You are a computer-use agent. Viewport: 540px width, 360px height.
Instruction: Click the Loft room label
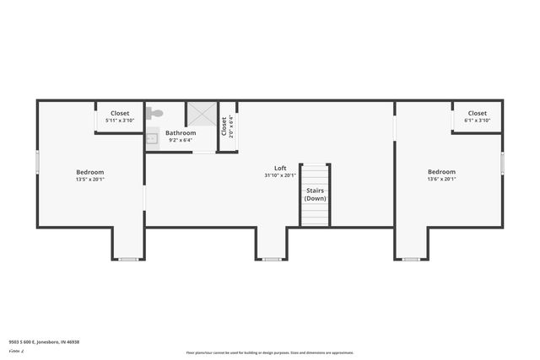(279, 168)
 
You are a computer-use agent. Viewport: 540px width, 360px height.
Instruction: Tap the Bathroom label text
(181, 133)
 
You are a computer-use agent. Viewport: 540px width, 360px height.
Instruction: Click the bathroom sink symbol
(153, 138)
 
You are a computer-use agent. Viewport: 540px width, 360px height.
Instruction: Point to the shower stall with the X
(201, 115)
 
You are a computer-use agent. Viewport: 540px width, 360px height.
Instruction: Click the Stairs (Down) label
(315, 195)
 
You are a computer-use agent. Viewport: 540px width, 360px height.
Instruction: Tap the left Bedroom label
(89, 171)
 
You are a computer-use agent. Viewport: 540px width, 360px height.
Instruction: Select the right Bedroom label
(441, 171)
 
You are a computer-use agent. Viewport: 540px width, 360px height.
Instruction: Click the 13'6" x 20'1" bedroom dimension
(441, 179)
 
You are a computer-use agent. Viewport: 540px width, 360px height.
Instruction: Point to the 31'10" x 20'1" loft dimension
(279, 175)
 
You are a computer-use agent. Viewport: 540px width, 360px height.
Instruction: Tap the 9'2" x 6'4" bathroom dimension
(181, 141)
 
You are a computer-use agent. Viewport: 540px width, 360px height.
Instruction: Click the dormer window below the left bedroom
(128, 259)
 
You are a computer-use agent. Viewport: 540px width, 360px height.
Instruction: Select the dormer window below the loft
(272, 259)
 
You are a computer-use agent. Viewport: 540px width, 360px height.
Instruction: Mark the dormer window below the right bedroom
(411, 259)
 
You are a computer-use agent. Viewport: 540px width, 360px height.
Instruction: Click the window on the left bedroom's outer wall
(37, 162)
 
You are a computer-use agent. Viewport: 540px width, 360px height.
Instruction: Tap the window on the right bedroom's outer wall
(503, 163)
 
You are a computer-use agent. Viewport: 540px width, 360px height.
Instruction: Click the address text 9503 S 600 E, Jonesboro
(44, 342)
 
